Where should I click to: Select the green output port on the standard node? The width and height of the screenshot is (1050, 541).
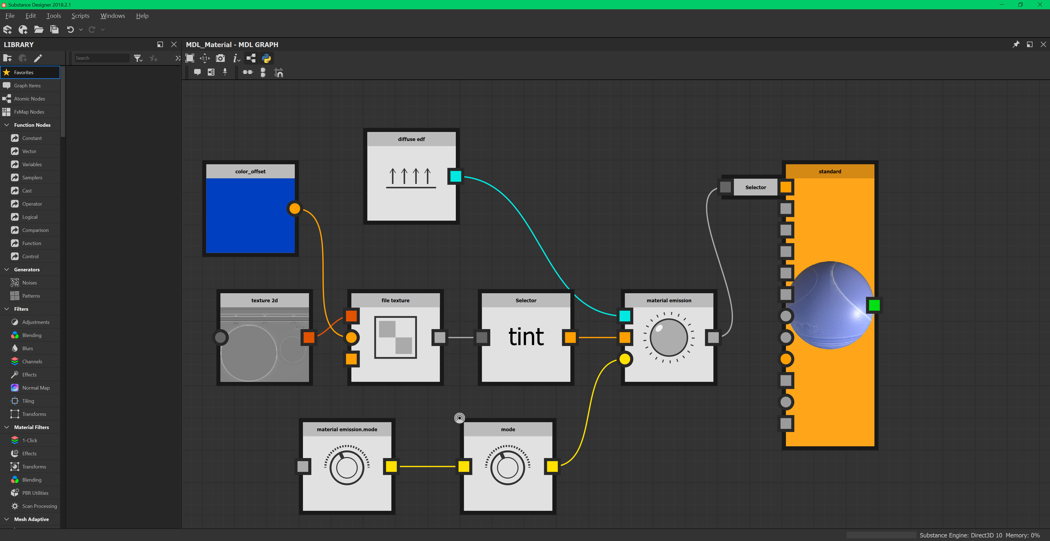pos(874,305)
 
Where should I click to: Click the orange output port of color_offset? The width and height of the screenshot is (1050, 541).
pos(294,208)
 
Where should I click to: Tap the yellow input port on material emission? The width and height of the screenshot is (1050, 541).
pos(625,359)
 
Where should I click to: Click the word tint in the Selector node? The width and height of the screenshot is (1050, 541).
pos(526,337)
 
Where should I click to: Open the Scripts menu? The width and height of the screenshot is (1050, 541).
pos(80,16)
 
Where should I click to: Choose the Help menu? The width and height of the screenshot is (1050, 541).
pos(142,16)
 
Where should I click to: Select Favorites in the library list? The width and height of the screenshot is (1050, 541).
pos(24,72)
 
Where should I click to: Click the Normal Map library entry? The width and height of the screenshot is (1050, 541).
pos(36,388)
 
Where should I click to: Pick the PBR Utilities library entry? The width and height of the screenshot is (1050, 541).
pos(35,493)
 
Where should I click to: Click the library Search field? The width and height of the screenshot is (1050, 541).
pos(101,58)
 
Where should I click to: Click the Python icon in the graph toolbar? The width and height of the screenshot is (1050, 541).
pos(267,58)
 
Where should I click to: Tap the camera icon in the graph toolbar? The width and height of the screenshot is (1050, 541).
pos(220,58)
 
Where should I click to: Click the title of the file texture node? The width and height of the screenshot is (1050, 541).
pos(395,300)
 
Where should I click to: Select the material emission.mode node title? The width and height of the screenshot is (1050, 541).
pos(347,429)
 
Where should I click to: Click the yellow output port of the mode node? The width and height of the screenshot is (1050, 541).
pos(552,466)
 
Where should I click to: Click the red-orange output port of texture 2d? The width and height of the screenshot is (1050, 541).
pos(308,337)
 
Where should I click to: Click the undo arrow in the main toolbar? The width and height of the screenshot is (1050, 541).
pos(70,29)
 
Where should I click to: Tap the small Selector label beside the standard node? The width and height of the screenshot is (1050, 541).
pos(755,187)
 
